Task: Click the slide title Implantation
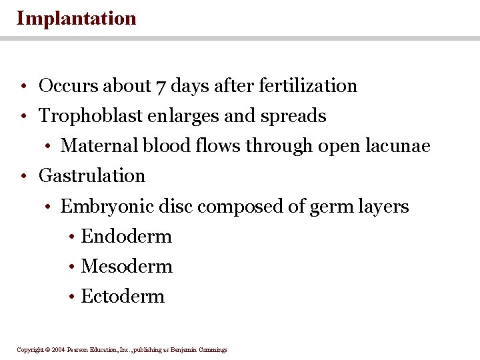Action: tap(76, 18)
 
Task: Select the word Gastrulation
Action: tap(92, 176)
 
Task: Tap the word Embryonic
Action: tap(107, 207)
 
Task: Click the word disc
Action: tap(176, 207)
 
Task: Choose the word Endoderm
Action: tap(126, 237)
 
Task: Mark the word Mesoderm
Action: tap(127, 267)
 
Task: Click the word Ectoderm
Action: tap(123, 297)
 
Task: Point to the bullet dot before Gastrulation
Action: tap(23, 177)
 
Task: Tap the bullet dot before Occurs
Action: tap(23, 87)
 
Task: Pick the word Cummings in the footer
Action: tap(213, 349)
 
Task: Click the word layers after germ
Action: tap(383, 207)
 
